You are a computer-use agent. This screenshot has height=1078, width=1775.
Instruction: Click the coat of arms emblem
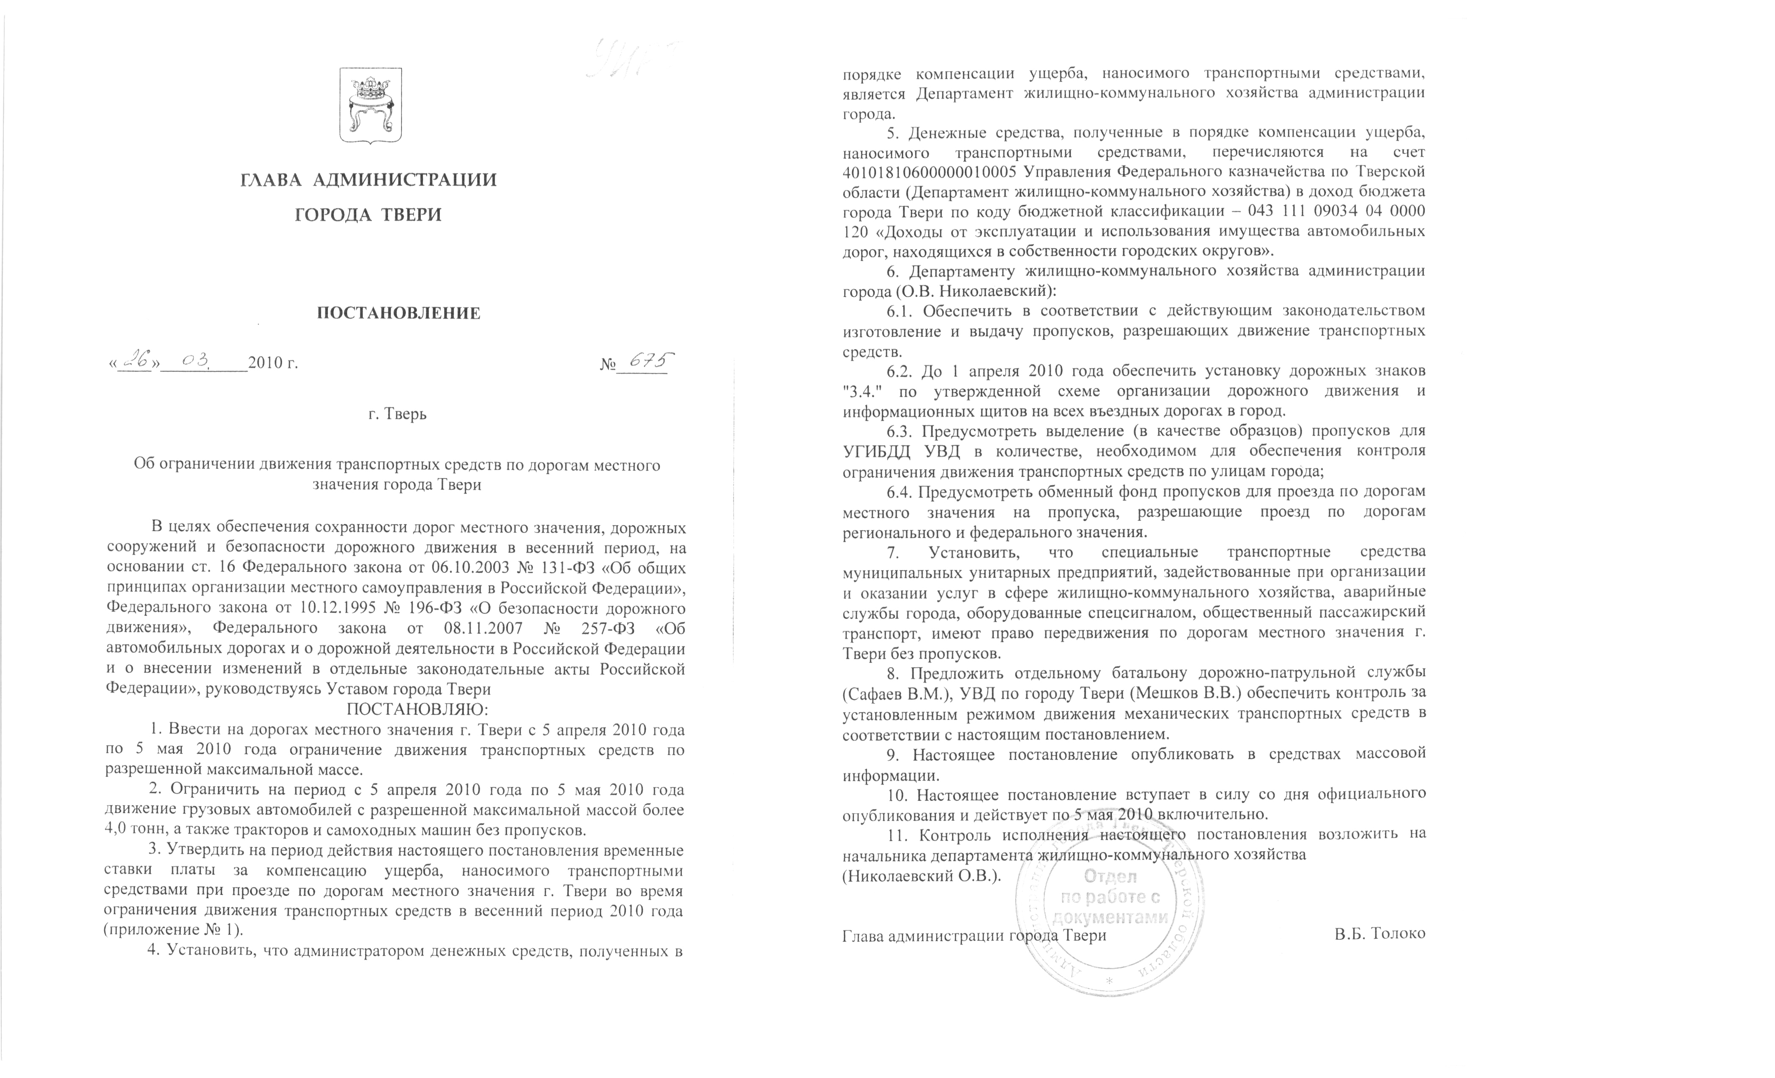point(370,105)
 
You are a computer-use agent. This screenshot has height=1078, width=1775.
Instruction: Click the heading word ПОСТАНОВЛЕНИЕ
point(398,313)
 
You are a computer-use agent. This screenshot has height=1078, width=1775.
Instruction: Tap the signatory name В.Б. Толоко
point(1379,933)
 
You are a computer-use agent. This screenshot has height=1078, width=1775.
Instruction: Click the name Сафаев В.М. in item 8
point(889,694)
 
